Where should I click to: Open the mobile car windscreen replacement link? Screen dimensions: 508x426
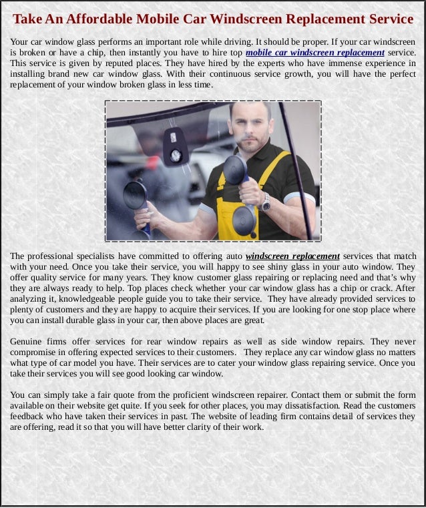click(x=315, y=53)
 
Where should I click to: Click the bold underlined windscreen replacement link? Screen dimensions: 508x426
click(x=293, y=256)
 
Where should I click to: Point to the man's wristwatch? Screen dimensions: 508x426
click(x=266, y=201)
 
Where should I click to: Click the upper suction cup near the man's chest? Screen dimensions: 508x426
click(x=236, y=171)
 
